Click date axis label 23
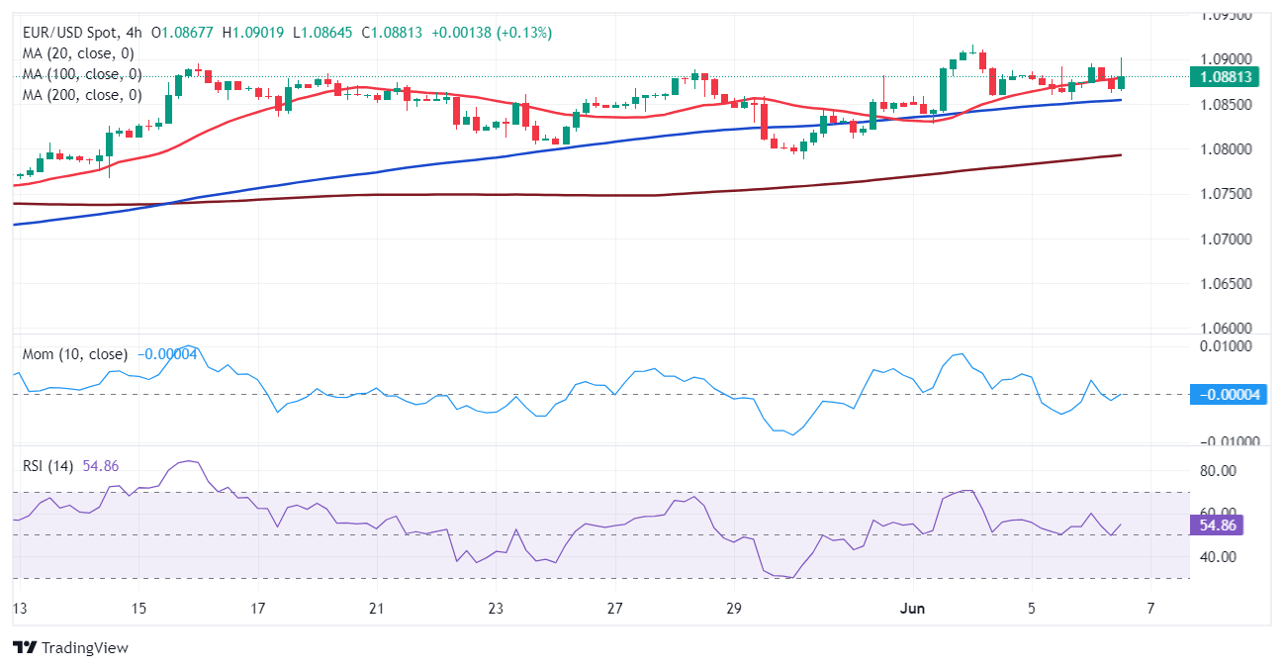(496, 608)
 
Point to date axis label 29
(733, 608)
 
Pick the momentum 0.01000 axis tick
(1225, 345)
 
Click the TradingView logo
(70, 648)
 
